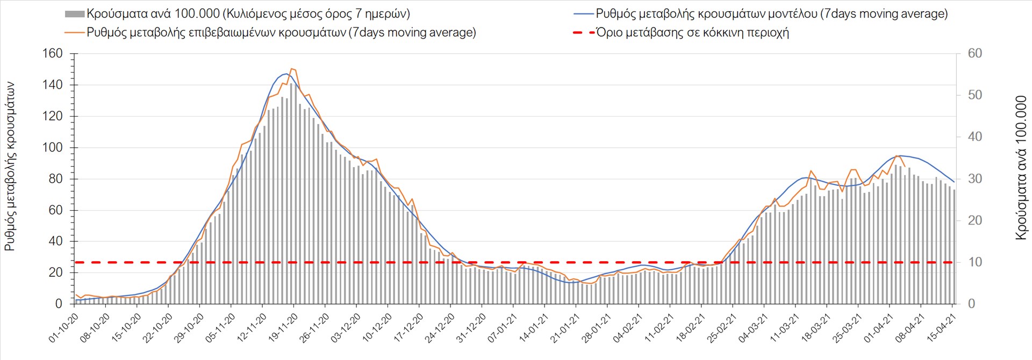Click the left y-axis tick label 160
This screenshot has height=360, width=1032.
(x=52, y=54)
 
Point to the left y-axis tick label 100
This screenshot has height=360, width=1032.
(x=52, y=148)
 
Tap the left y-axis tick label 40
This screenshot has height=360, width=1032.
(x=55, y=241)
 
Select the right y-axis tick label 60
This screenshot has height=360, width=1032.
(x=974, y=54)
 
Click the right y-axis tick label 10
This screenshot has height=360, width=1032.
(x=974, y=262)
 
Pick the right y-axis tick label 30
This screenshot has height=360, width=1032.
(x=974, y=179)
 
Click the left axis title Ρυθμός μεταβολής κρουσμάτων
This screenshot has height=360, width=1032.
(x=10, y=167)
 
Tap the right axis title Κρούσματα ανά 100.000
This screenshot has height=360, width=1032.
(x=1021, y=168)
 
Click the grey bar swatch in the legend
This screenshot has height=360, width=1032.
(x=74, y=14)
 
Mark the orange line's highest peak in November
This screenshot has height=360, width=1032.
(x=291, y=69)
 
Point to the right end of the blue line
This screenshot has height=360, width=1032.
(x=954, y=182)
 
